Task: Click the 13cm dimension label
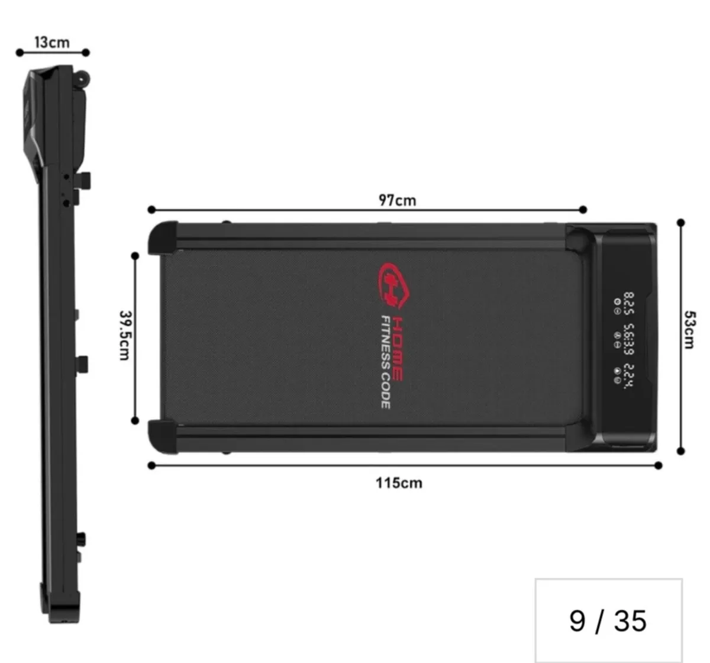51,42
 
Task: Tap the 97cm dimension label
398,200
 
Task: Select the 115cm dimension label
399,483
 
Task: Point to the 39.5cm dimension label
125,335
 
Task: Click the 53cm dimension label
689,330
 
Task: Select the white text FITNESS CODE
385,362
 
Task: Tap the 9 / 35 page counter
608,621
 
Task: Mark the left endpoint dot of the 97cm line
151,210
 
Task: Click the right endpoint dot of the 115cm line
659,466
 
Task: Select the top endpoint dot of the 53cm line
681,223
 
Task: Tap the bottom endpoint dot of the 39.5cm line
135,421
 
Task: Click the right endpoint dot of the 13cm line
86,53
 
